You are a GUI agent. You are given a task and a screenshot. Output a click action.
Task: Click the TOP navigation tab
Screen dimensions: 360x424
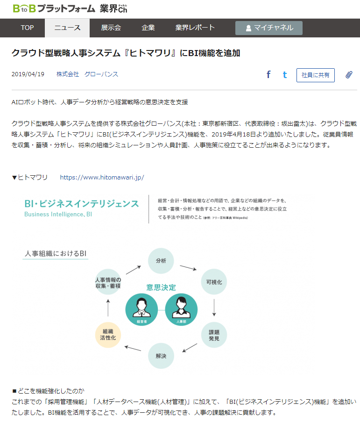[x=27, y=28]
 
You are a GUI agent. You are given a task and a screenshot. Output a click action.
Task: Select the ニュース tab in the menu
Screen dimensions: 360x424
[x=67, y=28]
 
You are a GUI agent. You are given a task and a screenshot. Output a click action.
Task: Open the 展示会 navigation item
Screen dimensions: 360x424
[x=111, y=28]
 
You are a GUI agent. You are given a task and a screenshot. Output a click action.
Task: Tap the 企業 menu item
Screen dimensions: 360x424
[x=148, y=28]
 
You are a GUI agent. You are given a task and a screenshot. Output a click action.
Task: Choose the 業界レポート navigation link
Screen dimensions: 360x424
[x=195, y=28]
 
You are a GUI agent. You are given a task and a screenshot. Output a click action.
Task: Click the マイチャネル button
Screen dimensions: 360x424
[x=269, y=28]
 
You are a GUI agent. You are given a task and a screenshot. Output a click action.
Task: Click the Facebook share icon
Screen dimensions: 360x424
[x=268, y=75]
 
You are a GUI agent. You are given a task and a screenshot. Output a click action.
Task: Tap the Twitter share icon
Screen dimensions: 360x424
[x=285, y=75]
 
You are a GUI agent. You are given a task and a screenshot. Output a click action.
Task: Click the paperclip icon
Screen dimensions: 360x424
[x=349, y=75]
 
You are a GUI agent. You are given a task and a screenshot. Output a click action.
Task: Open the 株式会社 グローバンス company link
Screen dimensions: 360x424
[x=87, y=74]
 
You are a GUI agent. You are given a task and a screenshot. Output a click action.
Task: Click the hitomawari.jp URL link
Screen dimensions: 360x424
[x=102, y=177]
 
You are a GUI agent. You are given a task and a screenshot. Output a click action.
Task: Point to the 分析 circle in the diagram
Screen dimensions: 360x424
[x=161, y=261]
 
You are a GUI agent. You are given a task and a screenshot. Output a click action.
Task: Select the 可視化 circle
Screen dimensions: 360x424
[x=214, y=282]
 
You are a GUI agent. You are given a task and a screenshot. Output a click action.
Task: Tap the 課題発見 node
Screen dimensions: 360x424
[x=214, y=335]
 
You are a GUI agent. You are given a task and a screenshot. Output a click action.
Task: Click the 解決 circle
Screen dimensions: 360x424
[x=161, y=356]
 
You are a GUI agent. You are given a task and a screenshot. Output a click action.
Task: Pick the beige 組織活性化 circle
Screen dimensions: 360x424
[x=108, y=335]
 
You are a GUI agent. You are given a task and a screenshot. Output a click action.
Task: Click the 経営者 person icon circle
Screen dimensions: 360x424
[x=141, y=309]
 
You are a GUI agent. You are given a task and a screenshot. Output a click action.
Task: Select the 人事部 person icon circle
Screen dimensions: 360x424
[x=181, y=309]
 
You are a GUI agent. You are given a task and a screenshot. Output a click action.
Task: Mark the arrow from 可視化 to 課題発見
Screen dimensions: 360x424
[x=214, y=308]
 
